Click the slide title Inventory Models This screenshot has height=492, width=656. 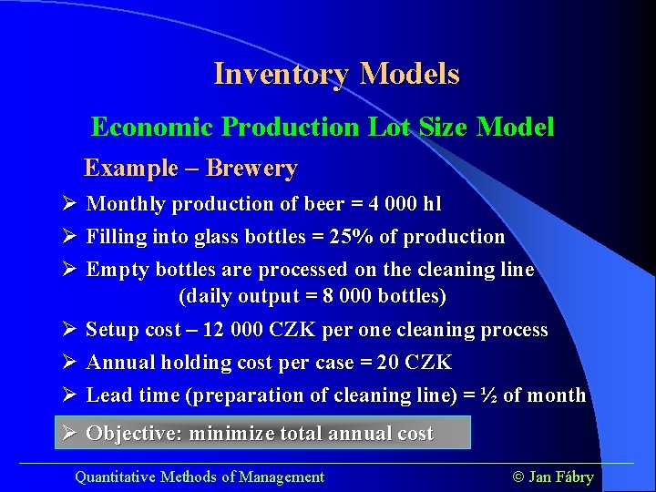[336, 74]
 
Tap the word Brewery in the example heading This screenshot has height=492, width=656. [251, 169]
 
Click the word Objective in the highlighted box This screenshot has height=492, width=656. [131, 434]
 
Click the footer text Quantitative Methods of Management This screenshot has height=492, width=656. [199, 477]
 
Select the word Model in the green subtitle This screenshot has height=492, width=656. [515, 127]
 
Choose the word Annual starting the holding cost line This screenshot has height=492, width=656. [120, 363]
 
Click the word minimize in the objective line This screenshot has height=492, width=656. [229, 434]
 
